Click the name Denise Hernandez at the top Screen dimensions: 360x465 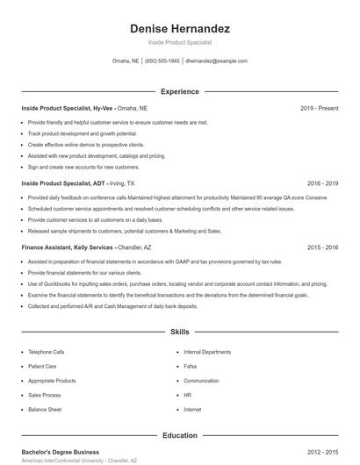click(180, 29)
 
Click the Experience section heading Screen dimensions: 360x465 click(180, 91)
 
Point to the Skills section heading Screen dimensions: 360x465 click(180, 333)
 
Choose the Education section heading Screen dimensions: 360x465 click(180, 435)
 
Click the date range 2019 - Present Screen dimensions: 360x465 click(319, 108)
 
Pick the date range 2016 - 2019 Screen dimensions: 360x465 click(322, 184)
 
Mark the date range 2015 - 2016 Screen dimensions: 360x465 click(322, 248)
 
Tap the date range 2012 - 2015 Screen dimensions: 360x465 click(322, 452)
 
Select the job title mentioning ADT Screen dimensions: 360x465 click(66, 184)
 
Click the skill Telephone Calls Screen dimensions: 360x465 click(47, 352)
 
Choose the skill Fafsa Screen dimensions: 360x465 click(191, 367)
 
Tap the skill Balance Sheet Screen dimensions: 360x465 click(45, 410)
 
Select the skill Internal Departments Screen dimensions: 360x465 click(207, 352)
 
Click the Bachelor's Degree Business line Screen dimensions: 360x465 click(60, 452)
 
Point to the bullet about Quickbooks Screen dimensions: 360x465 click(176, 284)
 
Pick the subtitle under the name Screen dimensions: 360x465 click(180, 42)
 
